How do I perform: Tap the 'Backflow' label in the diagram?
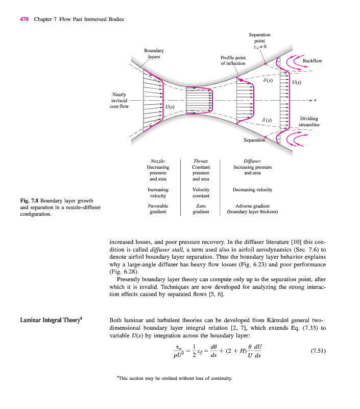click(x=313, y=61)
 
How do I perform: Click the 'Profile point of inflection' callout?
click(x=233, y=60)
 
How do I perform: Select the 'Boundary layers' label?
click(x=154, y=54)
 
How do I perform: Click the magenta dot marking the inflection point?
click(x=240, y=80)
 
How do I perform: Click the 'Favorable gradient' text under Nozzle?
click(x=158, y=209)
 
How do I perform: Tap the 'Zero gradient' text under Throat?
click(x=201, y=209)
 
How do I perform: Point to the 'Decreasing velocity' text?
click(x=252, y=190)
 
